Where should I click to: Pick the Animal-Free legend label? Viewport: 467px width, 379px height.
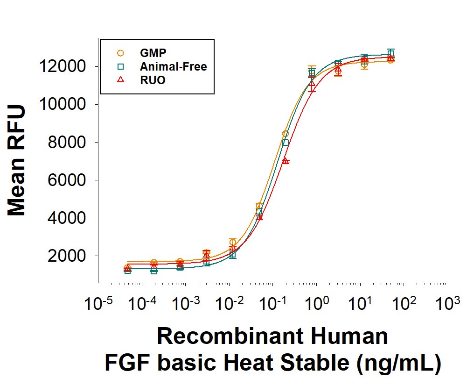(173, 66)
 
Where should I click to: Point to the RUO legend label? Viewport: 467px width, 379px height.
(153, 80)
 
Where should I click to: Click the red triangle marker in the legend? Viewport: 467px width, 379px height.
(120, 80)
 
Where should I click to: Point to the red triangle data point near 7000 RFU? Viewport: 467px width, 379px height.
(286, 161)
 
